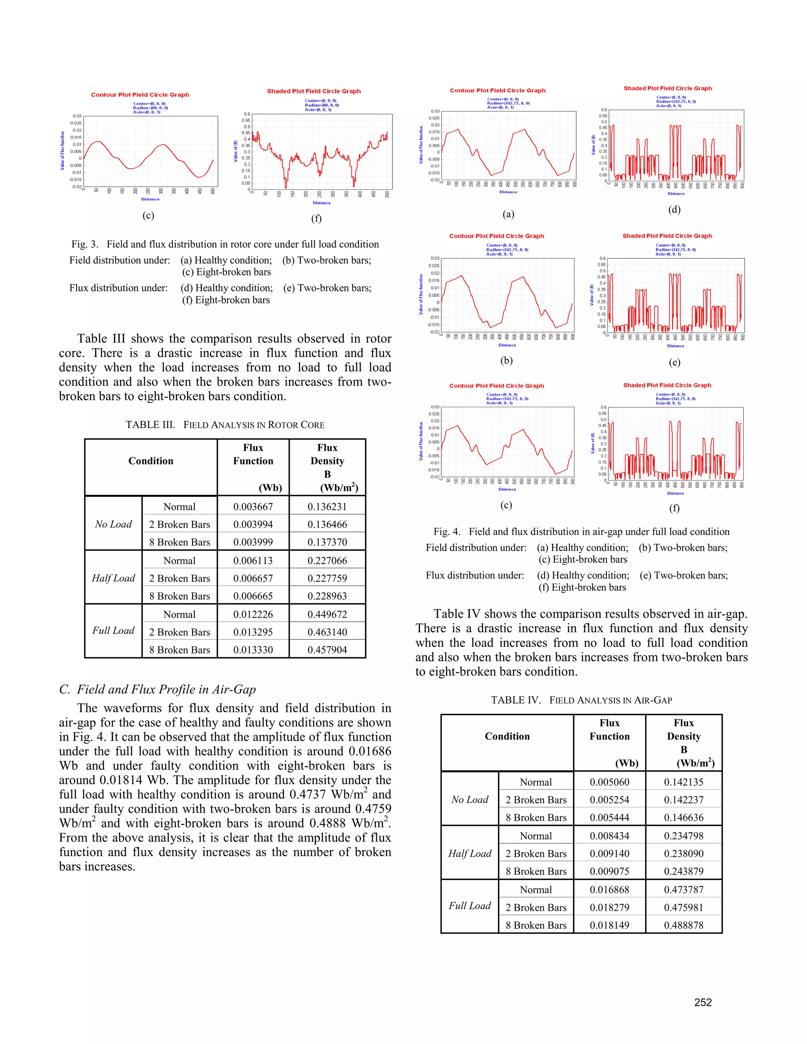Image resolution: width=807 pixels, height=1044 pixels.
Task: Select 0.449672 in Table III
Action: coord(327,614)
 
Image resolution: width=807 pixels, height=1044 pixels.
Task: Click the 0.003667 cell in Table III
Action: coord(253,507)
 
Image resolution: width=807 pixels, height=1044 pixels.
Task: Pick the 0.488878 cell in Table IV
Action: coord(683,925)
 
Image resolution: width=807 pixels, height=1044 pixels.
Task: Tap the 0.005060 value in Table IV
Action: coord(609,782)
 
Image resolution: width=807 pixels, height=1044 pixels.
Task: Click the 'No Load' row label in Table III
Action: coord(113,524)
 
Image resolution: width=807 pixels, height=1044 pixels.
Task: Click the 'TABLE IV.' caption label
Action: coord(515,700)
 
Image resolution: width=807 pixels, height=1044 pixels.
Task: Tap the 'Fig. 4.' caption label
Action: coord(446,531)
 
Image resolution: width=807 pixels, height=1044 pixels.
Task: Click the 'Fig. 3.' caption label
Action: coord(85,244)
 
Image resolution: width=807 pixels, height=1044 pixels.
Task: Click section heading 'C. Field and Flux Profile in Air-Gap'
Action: coord(157,689)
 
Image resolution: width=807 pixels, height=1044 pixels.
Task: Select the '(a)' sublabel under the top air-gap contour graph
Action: coord(508,214)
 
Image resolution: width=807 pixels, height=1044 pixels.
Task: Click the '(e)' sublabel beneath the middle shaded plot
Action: coord(674,362)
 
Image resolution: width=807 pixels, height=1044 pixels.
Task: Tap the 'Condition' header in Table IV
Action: coord(507,736)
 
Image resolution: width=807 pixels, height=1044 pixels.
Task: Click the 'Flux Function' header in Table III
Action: coord(253,454)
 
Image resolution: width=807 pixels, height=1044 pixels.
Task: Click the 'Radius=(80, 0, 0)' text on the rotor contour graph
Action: coord(150,108)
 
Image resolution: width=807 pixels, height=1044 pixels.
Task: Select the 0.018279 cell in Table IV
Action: coord(609,907)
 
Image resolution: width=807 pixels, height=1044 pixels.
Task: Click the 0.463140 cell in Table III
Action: coord(327,632)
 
